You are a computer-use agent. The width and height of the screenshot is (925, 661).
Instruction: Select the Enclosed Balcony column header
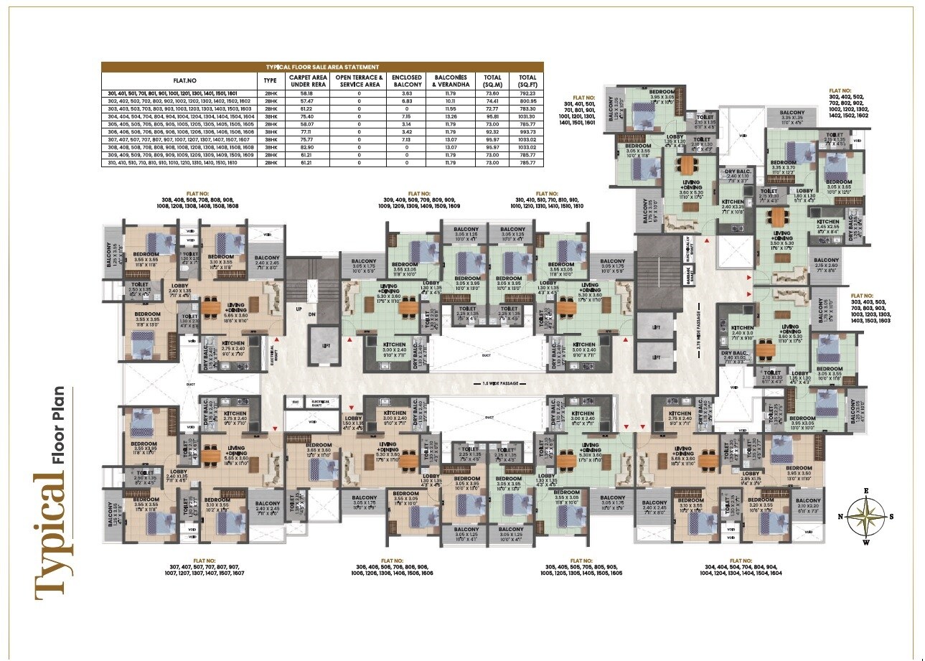click(406, 80)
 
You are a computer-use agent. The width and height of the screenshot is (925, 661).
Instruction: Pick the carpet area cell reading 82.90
click(299, 147)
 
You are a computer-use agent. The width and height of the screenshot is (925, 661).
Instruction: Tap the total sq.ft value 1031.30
click(527, 116)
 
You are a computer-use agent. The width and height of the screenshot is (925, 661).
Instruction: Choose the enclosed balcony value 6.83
click(406, 100)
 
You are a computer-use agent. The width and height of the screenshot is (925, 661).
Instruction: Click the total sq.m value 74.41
click(492, 100)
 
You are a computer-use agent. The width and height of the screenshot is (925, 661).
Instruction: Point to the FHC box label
click(294, 402)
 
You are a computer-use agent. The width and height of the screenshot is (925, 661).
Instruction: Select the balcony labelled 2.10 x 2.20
click(808, 505)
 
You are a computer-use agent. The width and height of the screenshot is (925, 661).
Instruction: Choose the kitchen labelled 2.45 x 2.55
click(827, 227)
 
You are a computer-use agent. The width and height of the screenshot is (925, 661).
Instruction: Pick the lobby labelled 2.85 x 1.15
click(751, 477)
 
